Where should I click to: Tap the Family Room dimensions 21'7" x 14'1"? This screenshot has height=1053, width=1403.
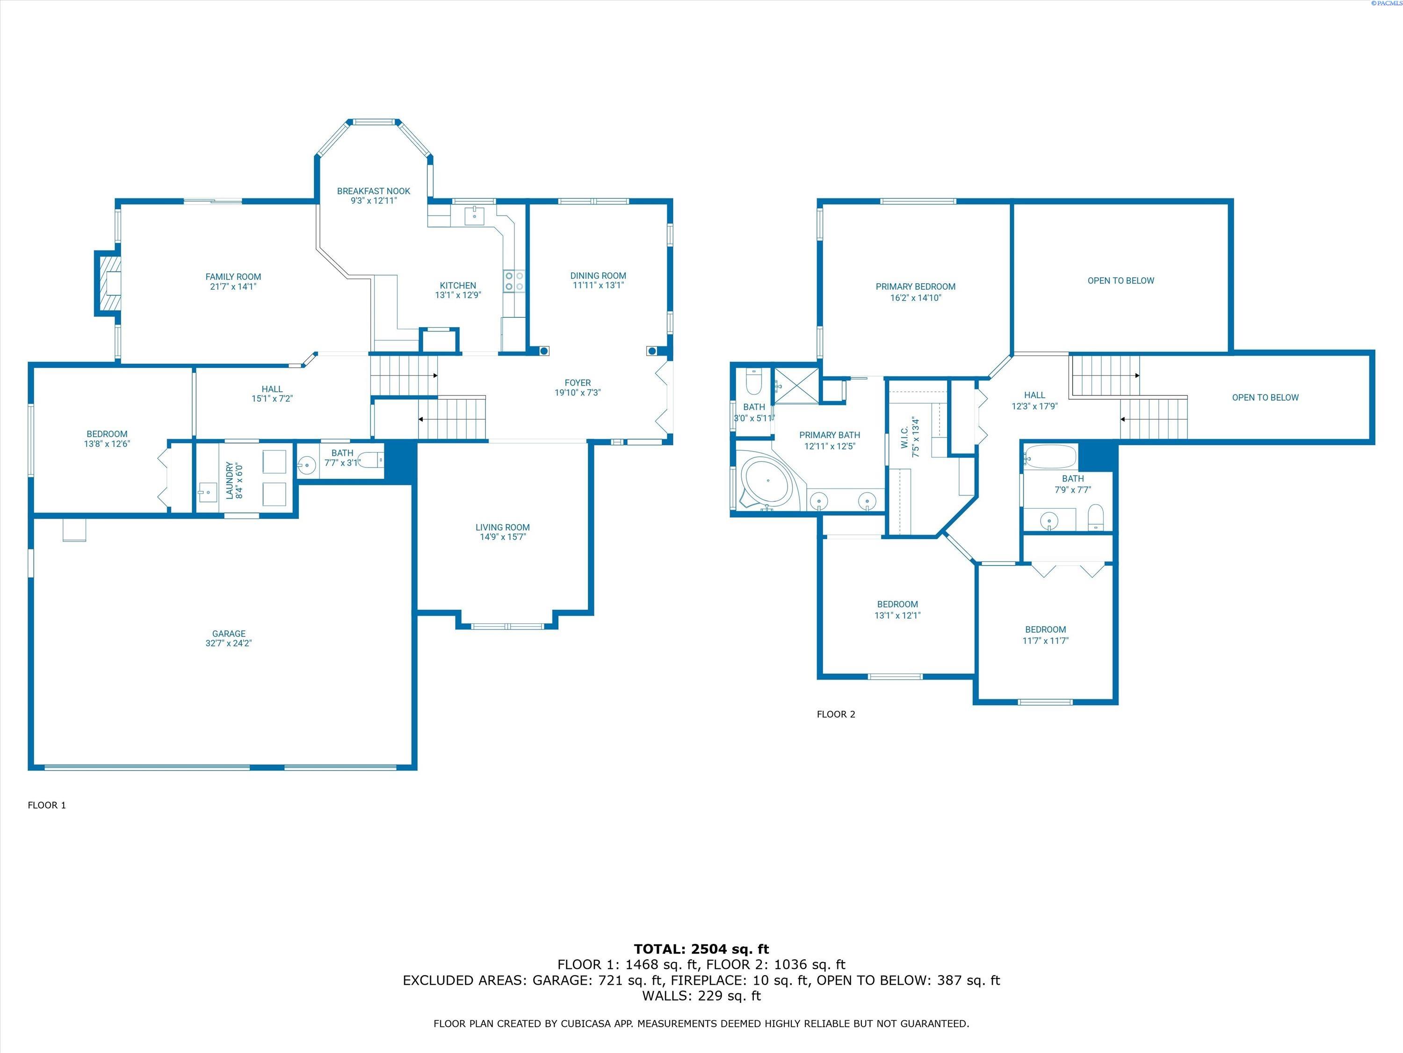point(233,287)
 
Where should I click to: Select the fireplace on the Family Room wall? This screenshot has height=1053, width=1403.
point(108,283)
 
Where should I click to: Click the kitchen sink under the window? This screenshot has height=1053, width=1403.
point(474,216)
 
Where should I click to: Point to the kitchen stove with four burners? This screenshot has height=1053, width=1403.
point(514,281)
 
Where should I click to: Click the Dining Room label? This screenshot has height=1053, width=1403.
point(598,276)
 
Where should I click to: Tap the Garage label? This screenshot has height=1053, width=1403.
point(229,634)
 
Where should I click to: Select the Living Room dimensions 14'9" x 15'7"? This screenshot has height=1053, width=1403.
point(502,537)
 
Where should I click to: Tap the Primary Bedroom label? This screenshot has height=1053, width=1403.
point(915,287)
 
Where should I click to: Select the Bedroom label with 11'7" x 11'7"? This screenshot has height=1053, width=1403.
point(1045,629)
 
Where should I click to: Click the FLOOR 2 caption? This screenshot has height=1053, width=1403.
point(836,714)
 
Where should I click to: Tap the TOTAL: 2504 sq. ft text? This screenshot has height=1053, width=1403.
point(701,949)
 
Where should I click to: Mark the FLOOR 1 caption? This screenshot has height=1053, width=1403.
point(47,805)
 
